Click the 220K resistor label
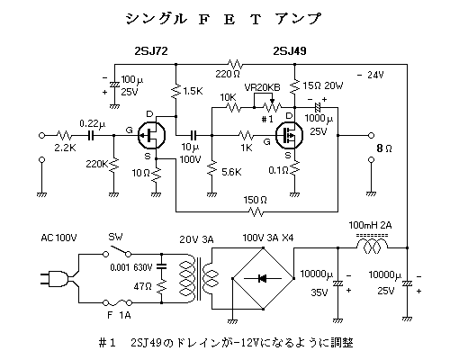96,165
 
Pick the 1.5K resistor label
193,93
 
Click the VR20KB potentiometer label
262,87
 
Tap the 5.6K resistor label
229,172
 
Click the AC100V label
60,238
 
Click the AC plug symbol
55,280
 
